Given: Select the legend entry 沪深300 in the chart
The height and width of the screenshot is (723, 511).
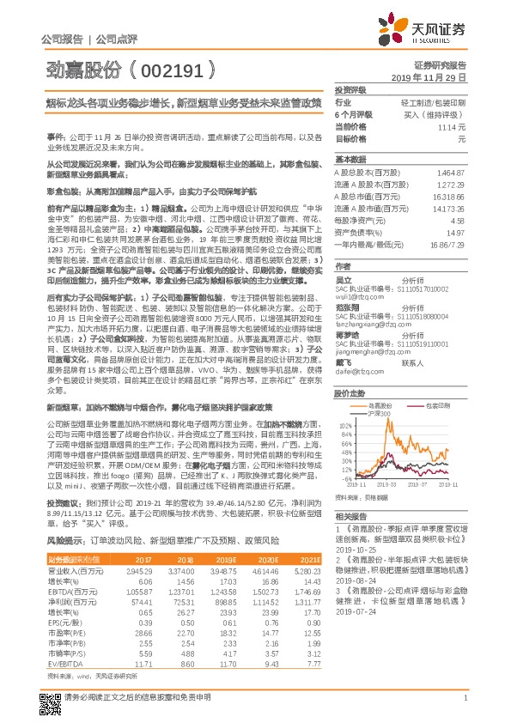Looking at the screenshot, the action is (379, 413).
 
